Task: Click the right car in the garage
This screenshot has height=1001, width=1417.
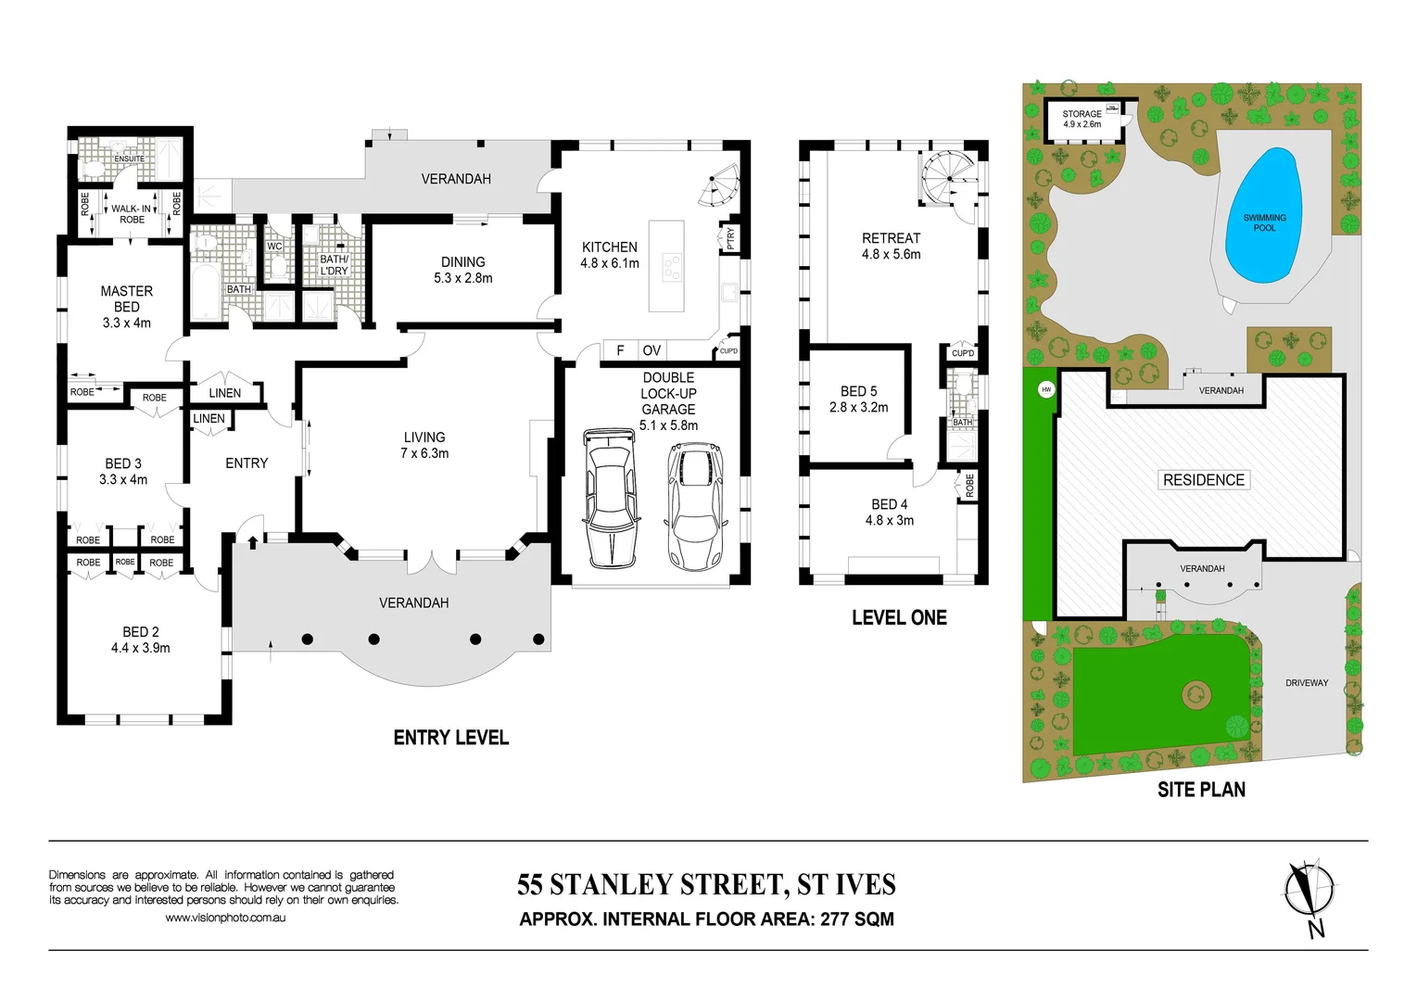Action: coord(698,505)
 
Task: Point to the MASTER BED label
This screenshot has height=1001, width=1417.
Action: coord(127,298)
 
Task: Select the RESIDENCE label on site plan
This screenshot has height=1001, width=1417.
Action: coord(1203,480)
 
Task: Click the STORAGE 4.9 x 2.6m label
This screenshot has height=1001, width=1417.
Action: coord(1082,119)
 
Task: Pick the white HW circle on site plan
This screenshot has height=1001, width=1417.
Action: coord(1046,389)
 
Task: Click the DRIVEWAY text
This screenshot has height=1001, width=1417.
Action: coord(1307,683)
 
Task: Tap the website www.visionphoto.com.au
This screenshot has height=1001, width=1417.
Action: coord(225,918)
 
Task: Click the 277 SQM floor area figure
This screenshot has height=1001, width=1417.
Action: coord(857,919)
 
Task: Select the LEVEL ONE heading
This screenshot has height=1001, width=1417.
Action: coord(899,618)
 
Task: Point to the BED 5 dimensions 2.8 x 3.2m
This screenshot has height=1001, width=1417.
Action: coord(858,407)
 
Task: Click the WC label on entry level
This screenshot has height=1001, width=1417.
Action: coord(274,247)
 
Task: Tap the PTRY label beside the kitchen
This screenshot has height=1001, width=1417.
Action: coord(730,238)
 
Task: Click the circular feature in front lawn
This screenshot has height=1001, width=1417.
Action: coord(1196,693)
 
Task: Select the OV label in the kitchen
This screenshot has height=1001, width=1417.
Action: coord(652,350)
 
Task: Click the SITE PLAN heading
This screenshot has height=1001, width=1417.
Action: coord(1201,790)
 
